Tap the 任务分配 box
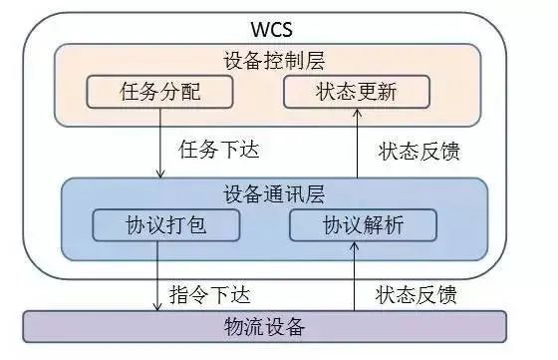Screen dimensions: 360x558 tap(159, 93)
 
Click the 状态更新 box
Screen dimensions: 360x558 tap(356, 93)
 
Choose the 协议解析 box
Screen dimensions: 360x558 tap(364, 225)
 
